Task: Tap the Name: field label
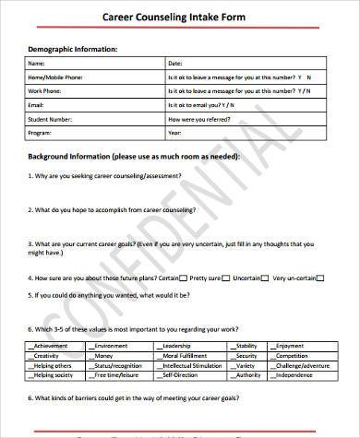(37, 64)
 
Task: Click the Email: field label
(37, 105)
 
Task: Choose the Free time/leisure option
(116, 374)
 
